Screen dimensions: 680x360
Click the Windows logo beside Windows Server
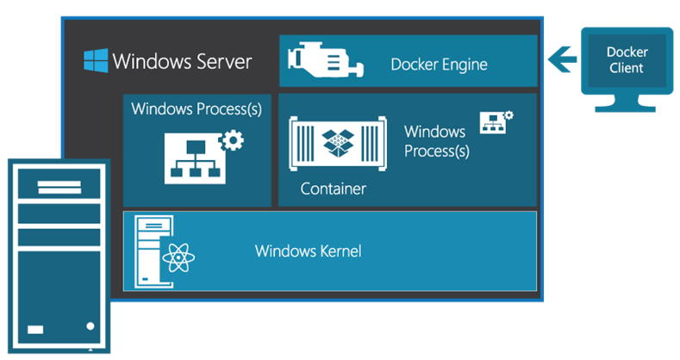click(96, 60)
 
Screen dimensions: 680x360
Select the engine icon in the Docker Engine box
click(325, 60)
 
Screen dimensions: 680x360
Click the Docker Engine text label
click(439, 65)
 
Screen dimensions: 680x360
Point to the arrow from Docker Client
click(562, 59)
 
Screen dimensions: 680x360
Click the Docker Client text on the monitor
click(627, 59)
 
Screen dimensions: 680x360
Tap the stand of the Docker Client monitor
click(625, 103)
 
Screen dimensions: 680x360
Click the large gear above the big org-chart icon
click(233, 140)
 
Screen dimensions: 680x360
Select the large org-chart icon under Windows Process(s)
click(195, 158)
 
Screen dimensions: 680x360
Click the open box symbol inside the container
click(338, 143)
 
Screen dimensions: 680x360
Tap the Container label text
click(333, 189)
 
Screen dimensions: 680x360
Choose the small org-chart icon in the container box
click(493, 122)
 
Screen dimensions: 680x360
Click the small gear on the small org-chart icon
click(508, 115)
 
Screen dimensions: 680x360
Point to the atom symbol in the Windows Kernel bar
click(178, 258)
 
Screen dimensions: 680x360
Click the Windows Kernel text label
click(308, 251)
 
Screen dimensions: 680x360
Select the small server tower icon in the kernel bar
click(154, 251)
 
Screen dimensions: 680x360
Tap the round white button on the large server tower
click(90, 326)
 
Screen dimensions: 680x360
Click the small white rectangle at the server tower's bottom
click(35, 330)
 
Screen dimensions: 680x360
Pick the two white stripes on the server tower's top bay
click(59, 187)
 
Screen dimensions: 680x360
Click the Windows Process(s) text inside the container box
click(437, 141)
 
